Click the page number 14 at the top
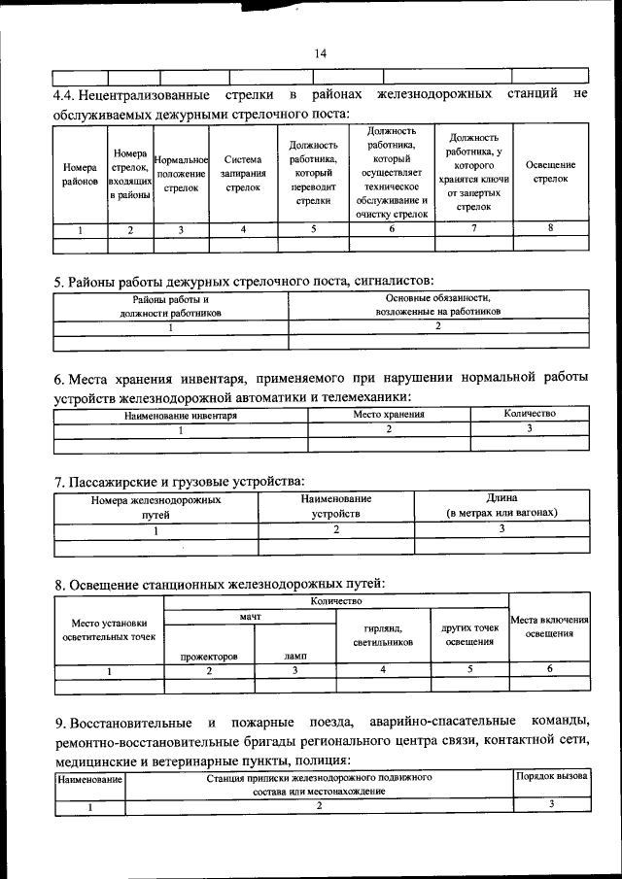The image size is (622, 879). (x=321, y=53)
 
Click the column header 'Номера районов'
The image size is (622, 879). (x=80, y=174)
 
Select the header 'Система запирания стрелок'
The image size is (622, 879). (x=243, y=174)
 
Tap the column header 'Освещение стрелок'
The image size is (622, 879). (x=551, y=173)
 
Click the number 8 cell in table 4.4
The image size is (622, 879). (x=551, y=229)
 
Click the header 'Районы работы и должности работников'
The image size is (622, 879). (x=171, y=307)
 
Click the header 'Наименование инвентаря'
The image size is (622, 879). (x=181, y=415)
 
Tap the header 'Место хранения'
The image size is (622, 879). (x=389, y=415)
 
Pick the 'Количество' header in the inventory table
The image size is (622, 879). (x=530, y=414)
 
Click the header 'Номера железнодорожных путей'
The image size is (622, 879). (x=155, y=507)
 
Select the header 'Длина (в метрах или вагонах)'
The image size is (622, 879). (x=502, y=506)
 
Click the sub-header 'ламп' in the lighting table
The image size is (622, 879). (x=295, y=657)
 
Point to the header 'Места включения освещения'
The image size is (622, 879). (x=550, y=626)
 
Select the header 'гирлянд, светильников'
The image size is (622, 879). (x=383, y=635)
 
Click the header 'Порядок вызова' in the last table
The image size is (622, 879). (x=551, y=778)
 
